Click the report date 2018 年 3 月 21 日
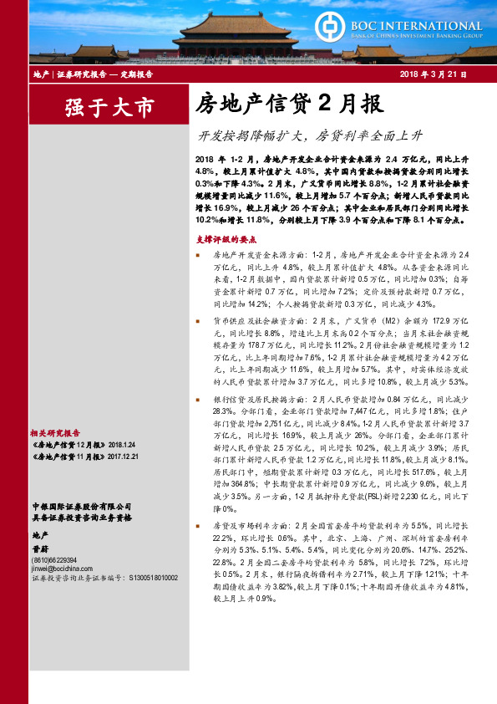point(433,75)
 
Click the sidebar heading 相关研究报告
point(54,433)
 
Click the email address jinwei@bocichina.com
point(61,568)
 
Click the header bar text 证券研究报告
point(80,75)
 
